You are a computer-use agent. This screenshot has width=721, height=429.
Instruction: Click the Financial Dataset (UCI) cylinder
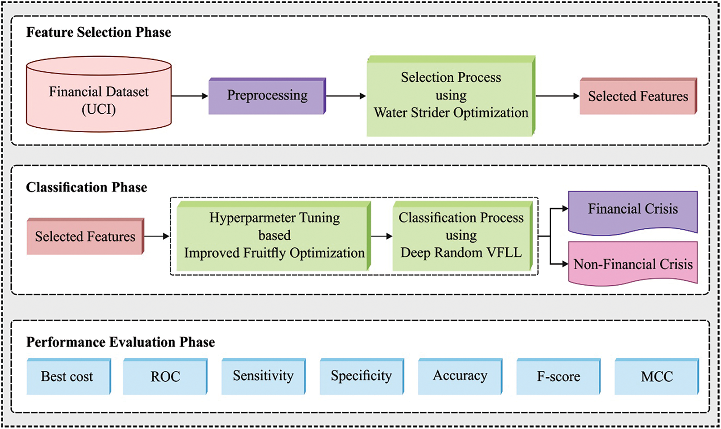(x=99, y=100)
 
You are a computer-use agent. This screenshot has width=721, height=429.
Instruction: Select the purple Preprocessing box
(x=267, y=96)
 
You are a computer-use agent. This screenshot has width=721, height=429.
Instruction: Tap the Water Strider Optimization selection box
(x=451, y=96)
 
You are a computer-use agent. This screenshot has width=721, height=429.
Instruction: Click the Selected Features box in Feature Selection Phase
(x=637, y=96)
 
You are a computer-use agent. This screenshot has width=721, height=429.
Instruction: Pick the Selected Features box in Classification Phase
(x=85, y=237)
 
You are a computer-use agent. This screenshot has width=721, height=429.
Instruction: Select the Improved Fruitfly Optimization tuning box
(x=274, y=236)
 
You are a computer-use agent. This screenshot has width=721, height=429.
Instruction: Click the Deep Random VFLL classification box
(x=461, y=236)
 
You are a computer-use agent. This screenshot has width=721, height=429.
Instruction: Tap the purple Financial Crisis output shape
(x=633, y=210)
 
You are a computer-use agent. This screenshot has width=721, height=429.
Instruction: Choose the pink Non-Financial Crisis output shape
(x=633, y=264)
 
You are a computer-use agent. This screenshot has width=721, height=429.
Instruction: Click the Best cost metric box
(x=67, y=376)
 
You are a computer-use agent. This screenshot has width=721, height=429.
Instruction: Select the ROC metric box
(x=165, y=376)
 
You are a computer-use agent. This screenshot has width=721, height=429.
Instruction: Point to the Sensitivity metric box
(x=263, y=376)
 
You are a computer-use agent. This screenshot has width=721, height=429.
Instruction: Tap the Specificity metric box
(x=361, y=376)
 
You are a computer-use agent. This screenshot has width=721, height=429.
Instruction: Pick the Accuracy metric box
(x=460, y=376)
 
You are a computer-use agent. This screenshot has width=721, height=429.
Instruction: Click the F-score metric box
(x=558, y=376)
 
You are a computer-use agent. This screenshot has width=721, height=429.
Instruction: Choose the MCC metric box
(x=656, y=376)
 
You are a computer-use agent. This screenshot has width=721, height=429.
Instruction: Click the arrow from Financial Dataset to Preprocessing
(x=190, y=96)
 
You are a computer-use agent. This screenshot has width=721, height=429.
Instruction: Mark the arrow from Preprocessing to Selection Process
(x=345, y=96)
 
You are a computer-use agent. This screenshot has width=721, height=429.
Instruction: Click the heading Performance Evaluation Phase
(x=120, y=342)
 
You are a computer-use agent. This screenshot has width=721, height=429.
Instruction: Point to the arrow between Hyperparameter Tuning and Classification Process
(x=381, y=236)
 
